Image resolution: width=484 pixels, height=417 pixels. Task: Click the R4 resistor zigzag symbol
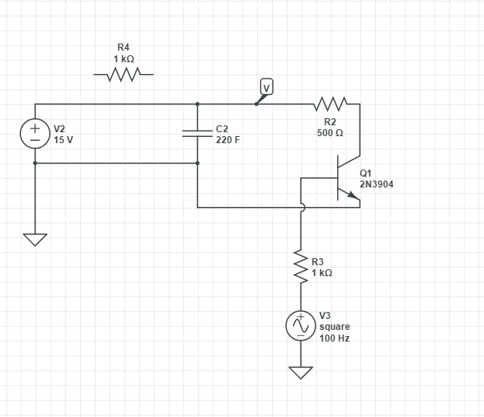(x=123, y=75)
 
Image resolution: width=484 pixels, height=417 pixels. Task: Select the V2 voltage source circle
(x=35, y=133)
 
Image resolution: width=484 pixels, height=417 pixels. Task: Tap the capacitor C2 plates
(x=197, y=133)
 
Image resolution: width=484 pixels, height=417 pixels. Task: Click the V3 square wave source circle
(x=301, y=328)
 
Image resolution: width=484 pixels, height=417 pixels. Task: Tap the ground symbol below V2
(x=35, y=240)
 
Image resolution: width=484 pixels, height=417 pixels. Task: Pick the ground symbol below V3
(x=301, y=373)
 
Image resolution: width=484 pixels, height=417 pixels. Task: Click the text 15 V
(x=64, y=140)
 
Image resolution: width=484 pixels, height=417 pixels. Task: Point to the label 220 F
(x=228, y=140)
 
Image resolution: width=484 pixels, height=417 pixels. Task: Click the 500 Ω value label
(x=330, y=133)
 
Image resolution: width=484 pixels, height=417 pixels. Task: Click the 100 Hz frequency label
(x=334, y=339)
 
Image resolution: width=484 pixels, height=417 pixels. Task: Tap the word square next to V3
(x=334, y=327)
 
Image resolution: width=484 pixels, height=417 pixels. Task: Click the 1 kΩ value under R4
(x=124, y=59)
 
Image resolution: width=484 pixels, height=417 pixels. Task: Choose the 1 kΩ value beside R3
(x=322, y=273)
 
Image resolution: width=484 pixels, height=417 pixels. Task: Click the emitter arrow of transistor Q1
(x=355, y=199)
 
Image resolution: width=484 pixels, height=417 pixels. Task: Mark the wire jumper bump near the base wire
(x=301, y=208)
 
